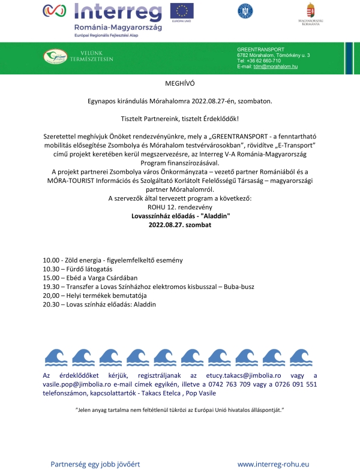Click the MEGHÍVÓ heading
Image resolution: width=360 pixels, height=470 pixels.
point(180,84)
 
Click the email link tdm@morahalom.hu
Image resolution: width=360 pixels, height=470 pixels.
point(275,66)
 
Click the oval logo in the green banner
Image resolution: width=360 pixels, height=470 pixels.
point(59,57)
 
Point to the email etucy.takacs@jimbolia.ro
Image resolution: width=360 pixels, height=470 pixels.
point(233,375)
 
